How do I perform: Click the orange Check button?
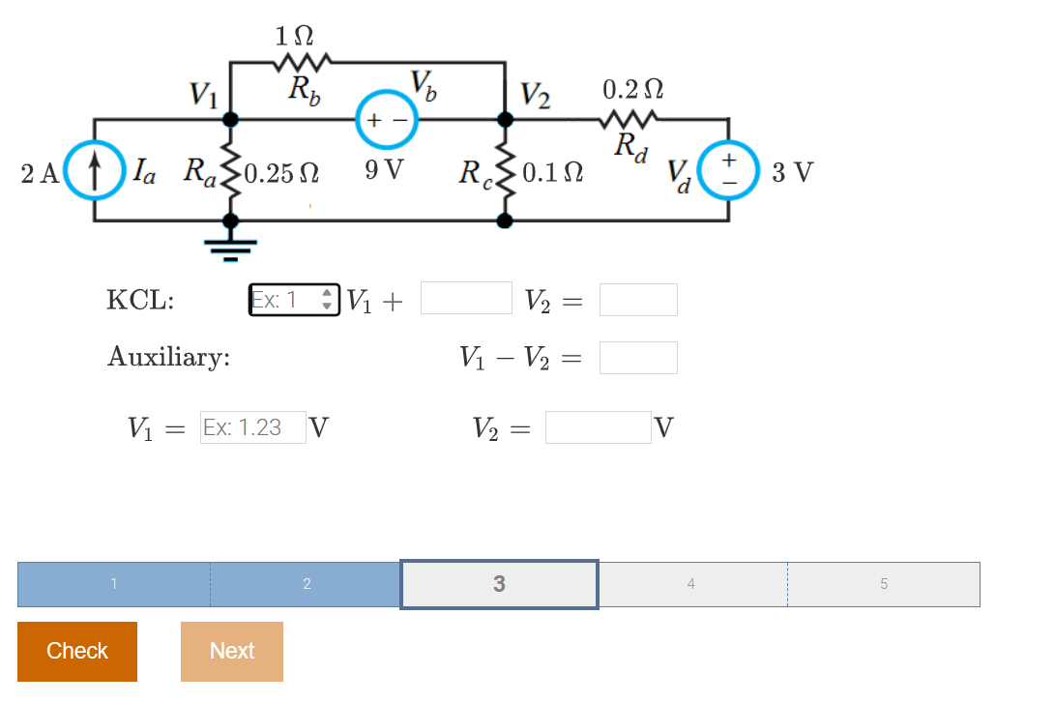77,651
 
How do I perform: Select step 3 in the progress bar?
499,584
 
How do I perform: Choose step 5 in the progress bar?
883,584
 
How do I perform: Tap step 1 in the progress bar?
114,584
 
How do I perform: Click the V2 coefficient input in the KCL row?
466,299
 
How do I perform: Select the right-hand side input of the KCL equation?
638,300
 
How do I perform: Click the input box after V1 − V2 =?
638,358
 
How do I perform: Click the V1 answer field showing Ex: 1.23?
252,427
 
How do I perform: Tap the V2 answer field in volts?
598,427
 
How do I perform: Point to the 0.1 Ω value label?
553,175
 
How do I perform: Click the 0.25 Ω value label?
283,175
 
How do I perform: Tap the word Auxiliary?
168,358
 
